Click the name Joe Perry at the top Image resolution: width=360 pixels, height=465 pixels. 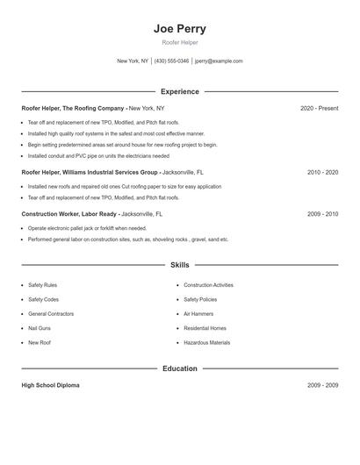[x=179, y=29]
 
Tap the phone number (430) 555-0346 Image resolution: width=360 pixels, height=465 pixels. [x=172, y=61]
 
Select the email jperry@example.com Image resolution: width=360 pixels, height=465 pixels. [x=219, y=61]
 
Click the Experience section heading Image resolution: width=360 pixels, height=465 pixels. [x=179, y=91]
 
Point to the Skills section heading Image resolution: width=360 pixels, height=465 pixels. [x=179, y=264]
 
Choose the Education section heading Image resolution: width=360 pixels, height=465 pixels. [x=179, y=368]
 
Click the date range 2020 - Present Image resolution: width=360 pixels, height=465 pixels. [x=319, y=108]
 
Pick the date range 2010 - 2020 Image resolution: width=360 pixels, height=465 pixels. [x=322, y=173]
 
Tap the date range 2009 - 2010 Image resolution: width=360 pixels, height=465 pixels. [x=322, y=214]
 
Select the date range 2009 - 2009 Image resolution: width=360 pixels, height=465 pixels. [x=322, y=385]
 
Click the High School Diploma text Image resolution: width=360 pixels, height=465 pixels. [x=50, y=385]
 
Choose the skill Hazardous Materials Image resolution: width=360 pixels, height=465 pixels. [x=206, y=342]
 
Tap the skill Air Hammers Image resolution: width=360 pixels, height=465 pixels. [x=198, y=313]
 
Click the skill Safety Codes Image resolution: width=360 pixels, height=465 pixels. [x=43, y=299]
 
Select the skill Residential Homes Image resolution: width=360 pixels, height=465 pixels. [x=205, y=328]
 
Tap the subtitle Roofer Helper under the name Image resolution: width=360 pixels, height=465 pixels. [x=179, y=42]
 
